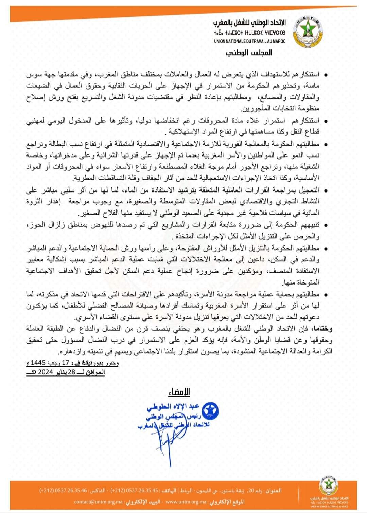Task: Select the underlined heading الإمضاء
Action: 179,392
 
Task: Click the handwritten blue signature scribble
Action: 165,441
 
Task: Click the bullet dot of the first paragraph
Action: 326,75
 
